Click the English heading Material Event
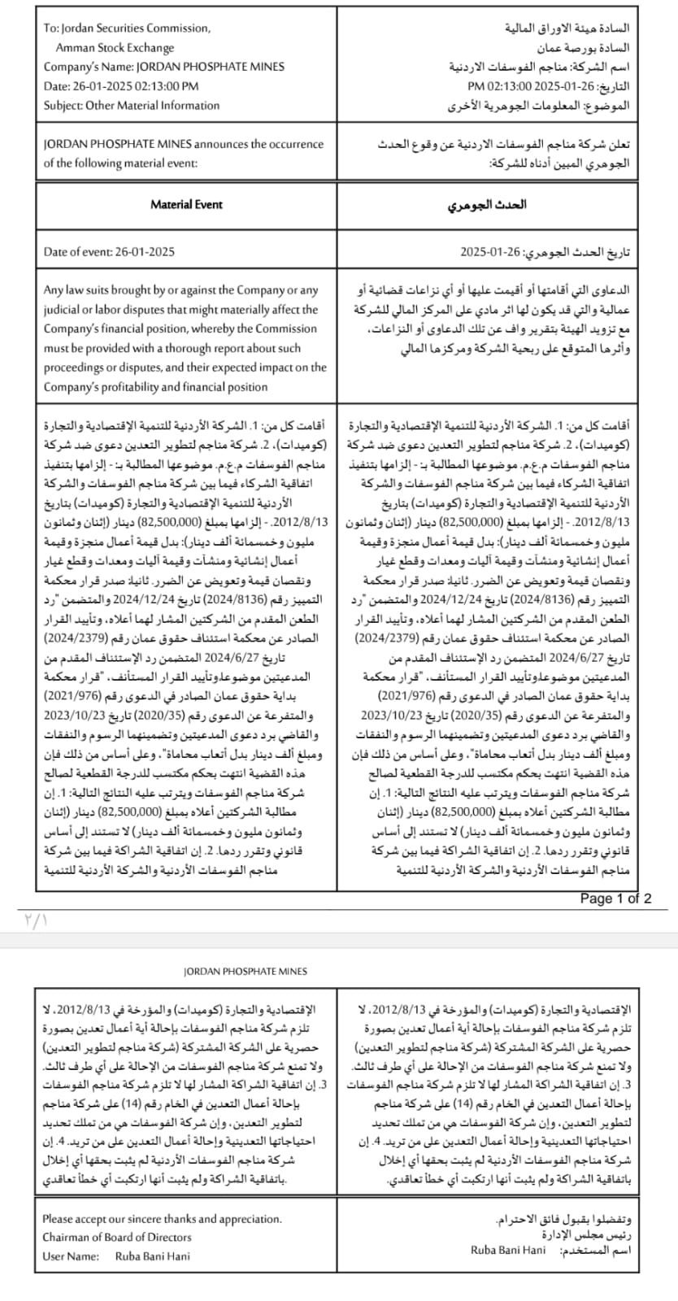[186, 205]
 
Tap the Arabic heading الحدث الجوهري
[487, 205]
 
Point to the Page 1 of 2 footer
[615, 899]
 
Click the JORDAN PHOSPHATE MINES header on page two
[246, 971]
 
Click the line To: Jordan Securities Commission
[127, 28]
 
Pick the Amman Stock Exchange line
[115, 48]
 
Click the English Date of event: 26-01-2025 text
[109, 252]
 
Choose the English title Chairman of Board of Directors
[117, 1237]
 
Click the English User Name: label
[71, 1256]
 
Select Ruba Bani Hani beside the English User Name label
[153, 1256]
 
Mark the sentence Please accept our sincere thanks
[163, 1218]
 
